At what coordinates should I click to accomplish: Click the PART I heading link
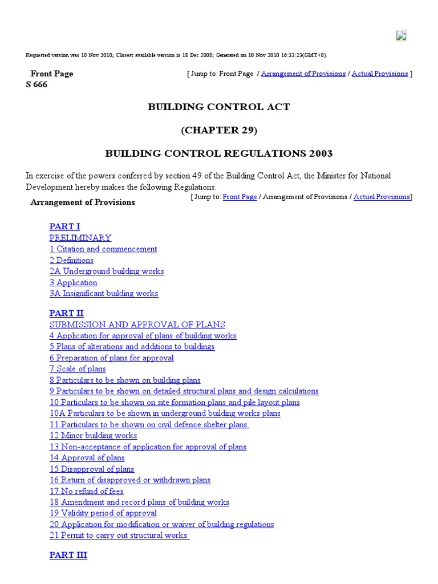pos(64,226)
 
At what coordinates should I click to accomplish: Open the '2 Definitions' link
pos(71,260)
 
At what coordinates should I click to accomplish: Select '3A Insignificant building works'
pos(103,294)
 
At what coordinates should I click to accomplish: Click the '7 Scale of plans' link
pos(77,369)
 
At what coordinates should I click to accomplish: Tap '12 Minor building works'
pos(93,436)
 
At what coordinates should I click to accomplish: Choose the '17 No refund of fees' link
pos(86,491)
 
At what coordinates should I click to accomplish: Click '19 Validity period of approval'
pos(103,513)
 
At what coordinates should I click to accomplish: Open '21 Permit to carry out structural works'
pos(118,536)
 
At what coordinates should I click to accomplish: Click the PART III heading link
pos(68,555)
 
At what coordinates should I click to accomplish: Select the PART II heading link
pos(66,313)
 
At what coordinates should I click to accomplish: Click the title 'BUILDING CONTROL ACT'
pos(219,107)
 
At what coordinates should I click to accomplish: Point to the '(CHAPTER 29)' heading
pos(219,131)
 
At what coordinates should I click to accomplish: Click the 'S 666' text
pos(36,84)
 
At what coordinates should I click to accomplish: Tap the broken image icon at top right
pos(401,35)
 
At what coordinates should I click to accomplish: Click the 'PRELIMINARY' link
pos(80,238)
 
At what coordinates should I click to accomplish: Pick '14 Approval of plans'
pos(87,458)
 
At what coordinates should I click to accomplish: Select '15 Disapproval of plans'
pos(91,469)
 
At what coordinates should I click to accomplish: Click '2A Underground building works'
pos(106,271)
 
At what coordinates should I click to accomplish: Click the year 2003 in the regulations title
pos(319,154)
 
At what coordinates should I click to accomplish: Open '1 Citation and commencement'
pos(103,249)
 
